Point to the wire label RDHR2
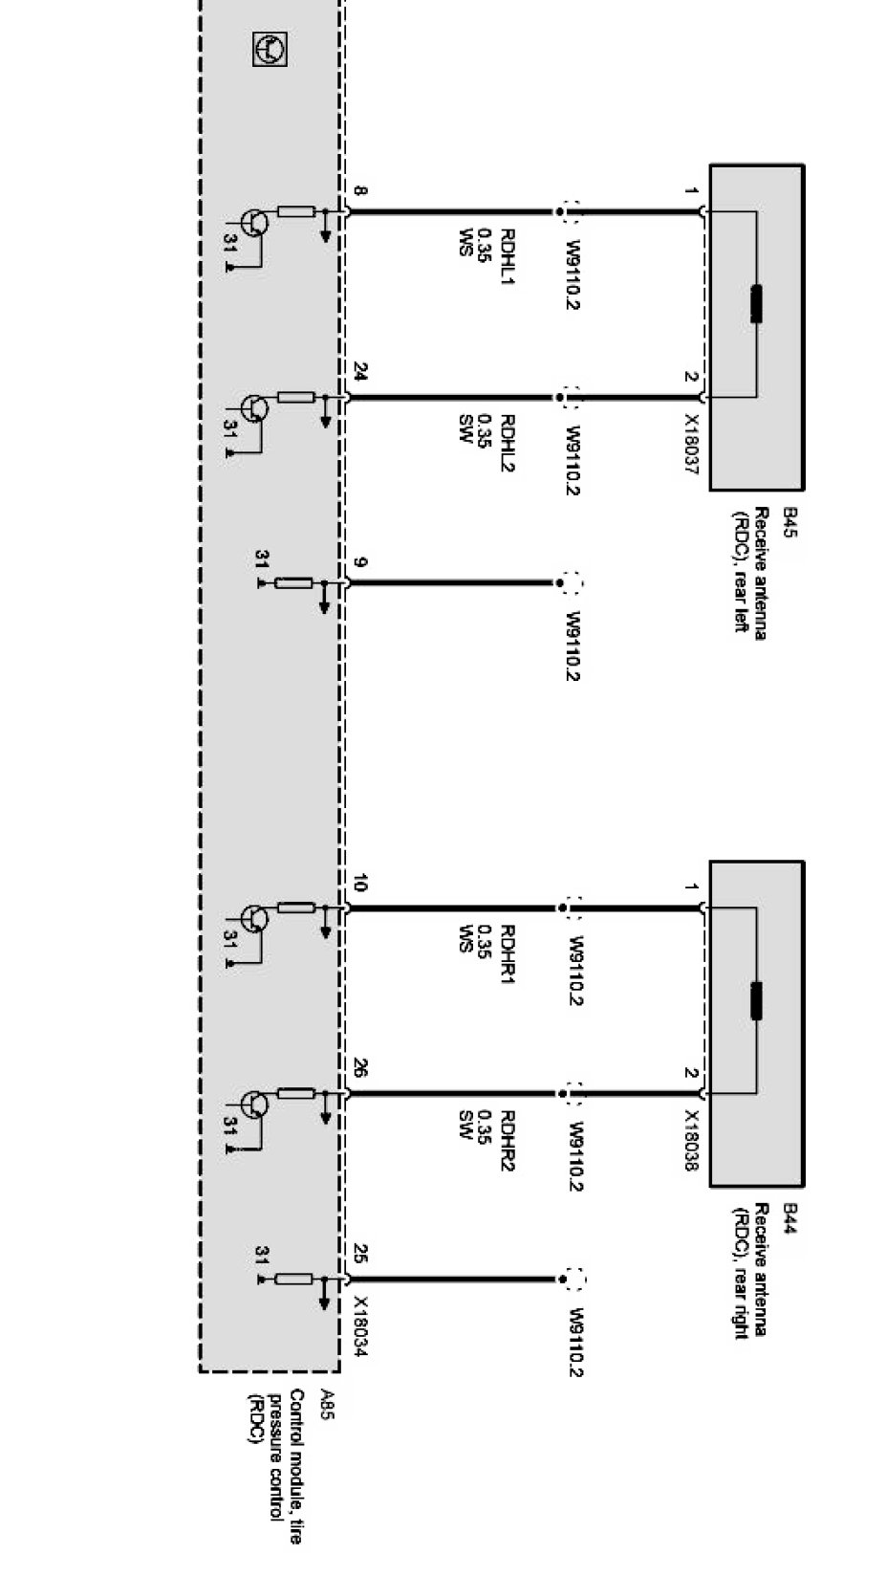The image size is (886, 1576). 508,1142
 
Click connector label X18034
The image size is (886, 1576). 361,1326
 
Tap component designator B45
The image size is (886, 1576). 790,523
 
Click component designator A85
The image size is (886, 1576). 327,1402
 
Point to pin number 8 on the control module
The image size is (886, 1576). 359,192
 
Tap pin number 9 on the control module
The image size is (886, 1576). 359,563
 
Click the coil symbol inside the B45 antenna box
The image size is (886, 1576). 756,303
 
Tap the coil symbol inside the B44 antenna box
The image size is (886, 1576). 756,1000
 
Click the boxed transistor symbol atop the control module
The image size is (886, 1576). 270,49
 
